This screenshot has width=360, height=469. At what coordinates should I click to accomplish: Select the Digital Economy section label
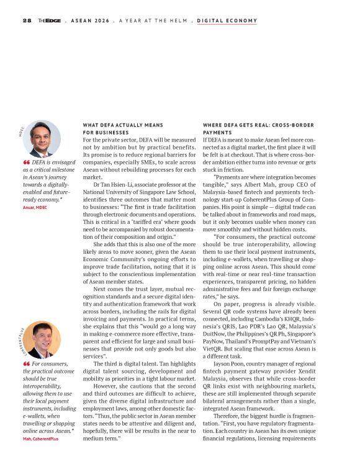(x=227, y=20)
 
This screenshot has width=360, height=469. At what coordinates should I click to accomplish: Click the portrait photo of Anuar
(x=42, y=138)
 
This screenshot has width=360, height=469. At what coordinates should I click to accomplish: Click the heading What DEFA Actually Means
(x=123, y=125)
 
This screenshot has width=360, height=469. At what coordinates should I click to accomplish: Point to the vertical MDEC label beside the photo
(x=20, y=132)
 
